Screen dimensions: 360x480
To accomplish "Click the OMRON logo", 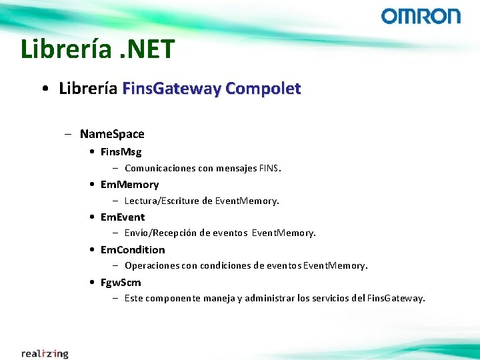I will pos(421,16).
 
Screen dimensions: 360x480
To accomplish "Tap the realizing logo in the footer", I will pos(45,353).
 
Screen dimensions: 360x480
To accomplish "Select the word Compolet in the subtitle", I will pos(263,88).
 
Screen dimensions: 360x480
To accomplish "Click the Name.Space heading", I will pos(112,134).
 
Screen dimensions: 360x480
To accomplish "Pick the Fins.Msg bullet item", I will pos(121,152).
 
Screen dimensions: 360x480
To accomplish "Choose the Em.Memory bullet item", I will pos(129,185).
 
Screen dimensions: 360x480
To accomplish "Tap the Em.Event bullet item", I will pos(122,217).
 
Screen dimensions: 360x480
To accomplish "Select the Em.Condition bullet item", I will pos(132,250).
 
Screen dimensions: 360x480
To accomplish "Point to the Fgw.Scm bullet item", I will pos(121,283).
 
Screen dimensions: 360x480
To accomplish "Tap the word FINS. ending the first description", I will pos(270,169).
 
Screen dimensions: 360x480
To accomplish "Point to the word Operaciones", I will pos(151,266).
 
